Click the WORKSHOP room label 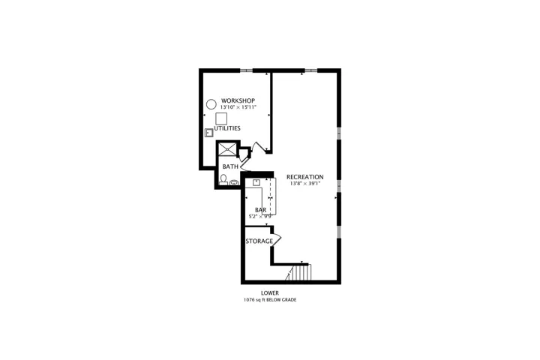point(238,100)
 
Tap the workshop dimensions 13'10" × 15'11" point(238,107)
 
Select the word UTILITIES point(227,128)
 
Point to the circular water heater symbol point(211,104)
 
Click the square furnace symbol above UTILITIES point(221,118)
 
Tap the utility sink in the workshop point(208,133)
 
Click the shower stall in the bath point(228,149)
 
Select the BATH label point(230,166)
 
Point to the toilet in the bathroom point(223,179)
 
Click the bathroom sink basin point(234,182)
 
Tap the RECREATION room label point(305,177)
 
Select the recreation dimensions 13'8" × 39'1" point(305,184)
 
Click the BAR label point(261,210)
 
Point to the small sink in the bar point(256,182)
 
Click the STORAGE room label point(259,241)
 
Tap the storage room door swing point(277,239)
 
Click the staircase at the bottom point(298,272)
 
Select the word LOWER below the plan point(270,293)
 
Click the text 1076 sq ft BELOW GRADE point(270,300)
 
